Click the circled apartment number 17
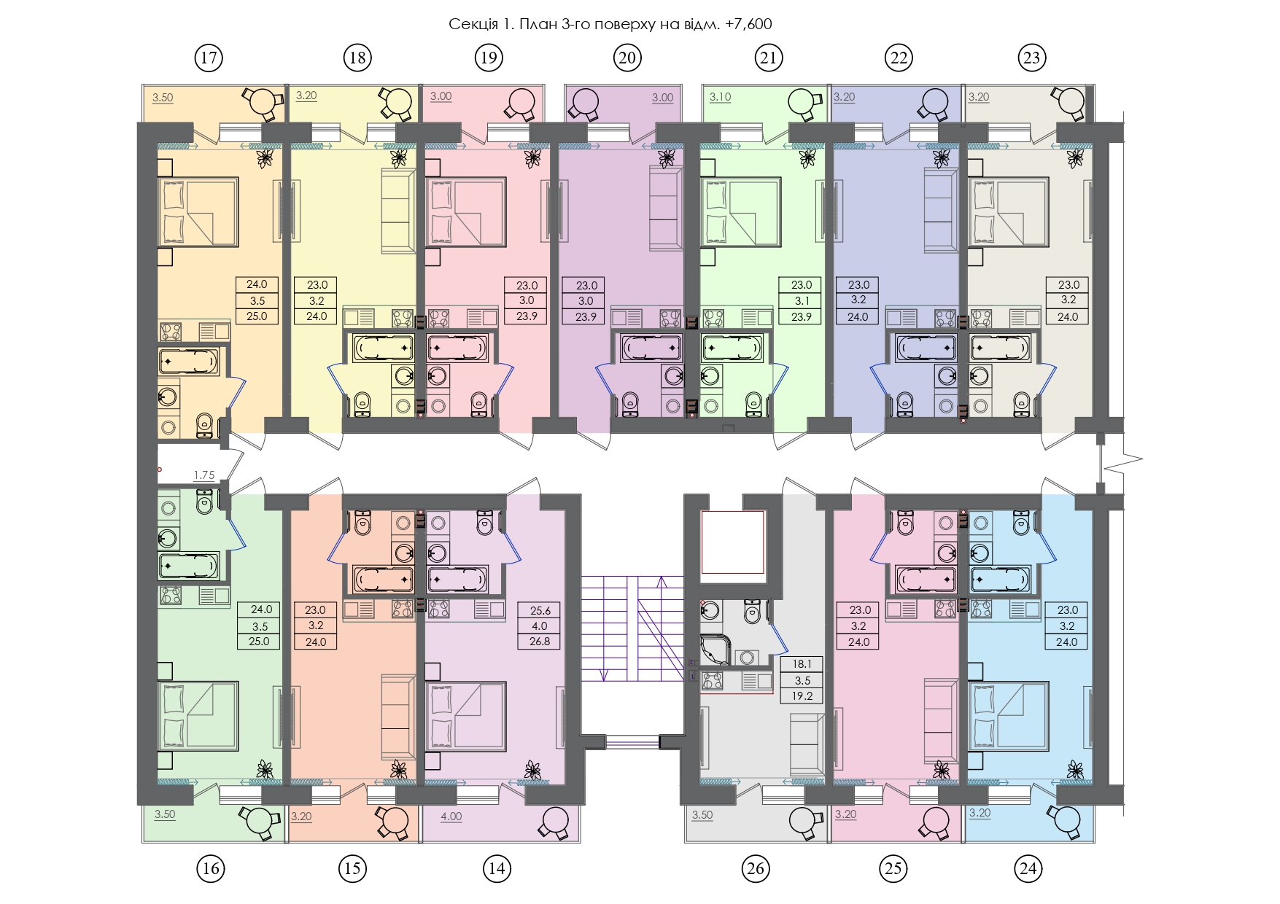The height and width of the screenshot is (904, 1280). click(x=209, y=58)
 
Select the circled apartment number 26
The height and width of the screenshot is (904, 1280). click(x=756, y=868)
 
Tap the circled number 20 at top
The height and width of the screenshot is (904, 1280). click(x=627, y=58)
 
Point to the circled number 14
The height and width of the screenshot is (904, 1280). click(x=497, y=868)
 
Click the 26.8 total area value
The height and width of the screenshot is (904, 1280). click(x=540, y=642)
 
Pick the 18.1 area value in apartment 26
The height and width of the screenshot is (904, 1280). click(x=802, y=663)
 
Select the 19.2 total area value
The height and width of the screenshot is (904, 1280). click(x=802, y=695)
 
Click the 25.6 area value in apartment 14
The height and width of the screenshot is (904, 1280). click(x=540, y=610)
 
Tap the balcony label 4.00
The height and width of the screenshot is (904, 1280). click(x=451, y=817)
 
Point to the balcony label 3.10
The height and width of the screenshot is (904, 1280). click(x=720, y=97)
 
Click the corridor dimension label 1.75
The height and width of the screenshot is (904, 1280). click(x=204, y=475)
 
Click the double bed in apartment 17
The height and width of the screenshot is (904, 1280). click(x=198, y=212)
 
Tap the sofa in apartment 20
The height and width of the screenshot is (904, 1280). click(x=666, y=209)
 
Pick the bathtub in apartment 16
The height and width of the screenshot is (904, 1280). click(x=188, y=566)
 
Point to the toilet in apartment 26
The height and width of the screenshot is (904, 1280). click(x=752, y=612)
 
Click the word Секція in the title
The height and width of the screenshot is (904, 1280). click(x=472, y=24)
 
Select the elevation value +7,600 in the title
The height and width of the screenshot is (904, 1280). click(x=748, y=24)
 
